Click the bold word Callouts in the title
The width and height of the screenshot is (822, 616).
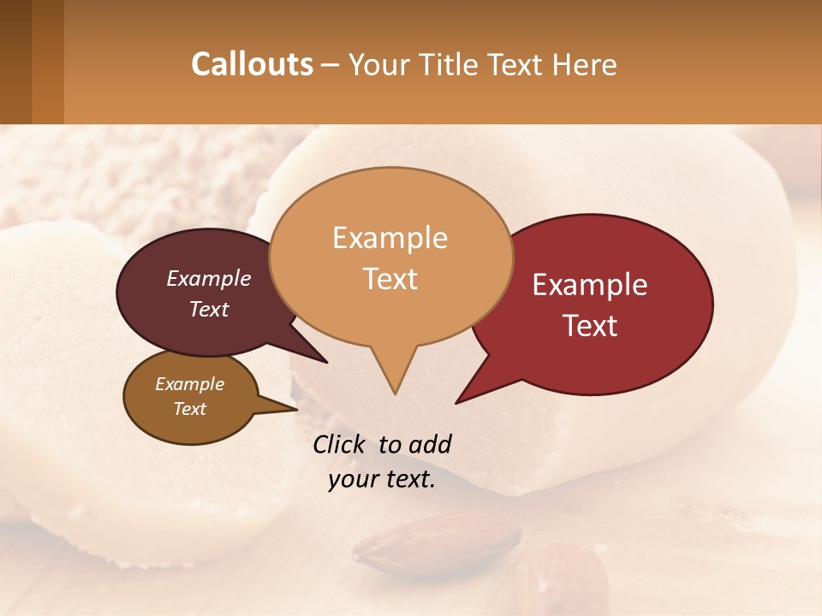tap(252, 64)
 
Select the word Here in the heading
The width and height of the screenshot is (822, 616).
tap(585, 65)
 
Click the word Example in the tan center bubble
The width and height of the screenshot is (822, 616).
tap(390, 238)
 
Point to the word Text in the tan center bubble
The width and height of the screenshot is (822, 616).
tap(390, 279)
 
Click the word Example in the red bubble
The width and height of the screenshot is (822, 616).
tap(590, 285)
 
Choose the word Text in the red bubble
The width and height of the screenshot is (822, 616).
tap(591, 326)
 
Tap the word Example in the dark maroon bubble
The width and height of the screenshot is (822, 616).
tap(209, 279)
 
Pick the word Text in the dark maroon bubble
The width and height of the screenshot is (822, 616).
tap(209, 310)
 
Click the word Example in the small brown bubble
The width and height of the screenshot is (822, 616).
tap(190, 384)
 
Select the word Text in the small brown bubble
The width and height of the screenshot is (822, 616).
tap(190, 409)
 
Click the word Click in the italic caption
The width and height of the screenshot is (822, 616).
tap(340, 444)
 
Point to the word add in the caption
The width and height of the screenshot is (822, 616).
tap(430, 444)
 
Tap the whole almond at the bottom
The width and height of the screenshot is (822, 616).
tap(438, 542)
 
